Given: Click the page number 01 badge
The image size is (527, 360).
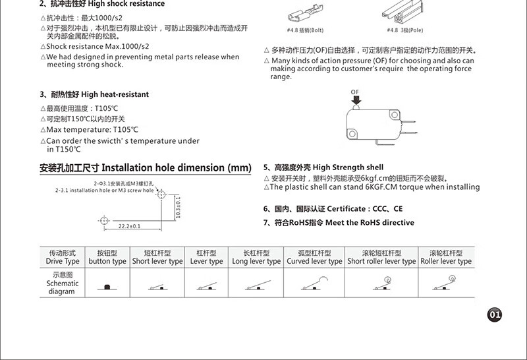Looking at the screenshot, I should pyautogui.click(x=495, y=315).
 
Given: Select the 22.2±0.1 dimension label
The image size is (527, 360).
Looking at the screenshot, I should pyautogui.click(x=130, y=226).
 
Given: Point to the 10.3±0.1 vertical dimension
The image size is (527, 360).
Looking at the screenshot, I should pyautogui.click(x=179, y=210).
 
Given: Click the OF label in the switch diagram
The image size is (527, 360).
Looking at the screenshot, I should pyautogui.click(x=355, y=92).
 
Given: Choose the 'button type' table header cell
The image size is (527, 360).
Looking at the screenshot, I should pyautogui.click(x=107, y=257).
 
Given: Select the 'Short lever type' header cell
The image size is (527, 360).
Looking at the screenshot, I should pyautogui.click(x=157, y=257).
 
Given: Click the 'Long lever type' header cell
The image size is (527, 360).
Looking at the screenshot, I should pyautogui.click(x=256, y=257).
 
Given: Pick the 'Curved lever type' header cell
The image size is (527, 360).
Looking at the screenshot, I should pyautogui.click(x=314, y=257).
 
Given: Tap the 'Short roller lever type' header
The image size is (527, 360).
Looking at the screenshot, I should pyautogui.click(x=381, y=257).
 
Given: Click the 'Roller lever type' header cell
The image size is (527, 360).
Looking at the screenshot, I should pyautogui.click(x=446, y=257).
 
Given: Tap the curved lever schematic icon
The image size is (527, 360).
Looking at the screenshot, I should pyautogui.click(x=312, y=283).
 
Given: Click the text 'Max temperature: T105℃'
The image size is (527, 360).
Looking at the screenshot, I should pyautogui.click(x=92, y=130).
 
